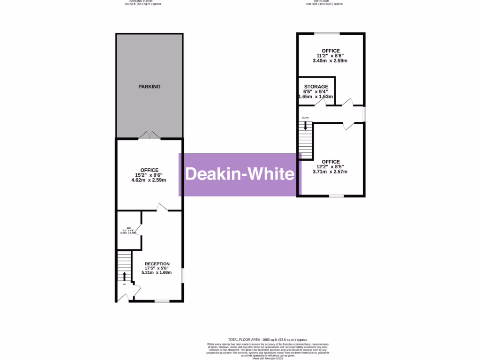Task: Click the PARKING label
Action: [149, 87]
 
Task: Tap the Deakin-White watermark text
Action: [240, 174]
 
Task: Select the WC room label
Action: [128, 228]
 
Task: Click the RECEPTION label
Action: [157, 264]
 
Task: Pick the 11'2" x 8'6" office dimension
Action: [330, 56]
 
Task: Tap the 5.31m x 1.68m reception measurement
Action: [157, 272]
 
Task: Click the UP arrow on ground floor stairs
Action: [125, 276]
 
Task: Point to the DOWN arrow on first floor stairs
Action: [306, 126]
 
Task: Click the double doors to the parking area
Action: [149, 135]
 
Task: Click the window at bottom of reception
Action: [162, 301]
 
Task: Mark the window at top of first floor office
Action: [327, 33]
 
